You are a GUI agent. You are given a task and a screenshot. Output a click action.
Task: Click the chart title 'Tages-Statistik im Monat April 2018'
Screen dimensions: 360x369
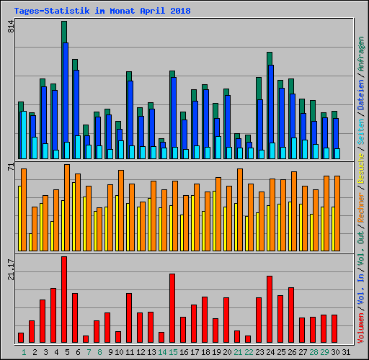pos(97,11)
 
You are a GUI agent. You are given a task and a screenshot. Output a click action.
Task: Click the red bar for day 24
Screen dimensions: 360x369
pos(270,309)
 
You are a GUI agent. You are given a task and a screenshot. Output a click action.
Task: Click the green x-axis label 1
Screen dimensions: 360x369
pos(24,352)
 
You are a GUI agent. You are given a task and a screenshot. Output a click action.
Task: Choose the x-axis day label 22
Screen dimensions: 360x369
pos(249,352)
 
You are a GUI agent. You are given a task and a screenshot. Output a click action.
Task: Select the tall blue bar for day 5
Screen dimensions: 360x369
pos(66,101)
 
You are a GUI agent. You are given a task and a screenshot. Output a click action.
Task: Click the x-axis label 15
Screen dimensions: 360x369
pos(173,352)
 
